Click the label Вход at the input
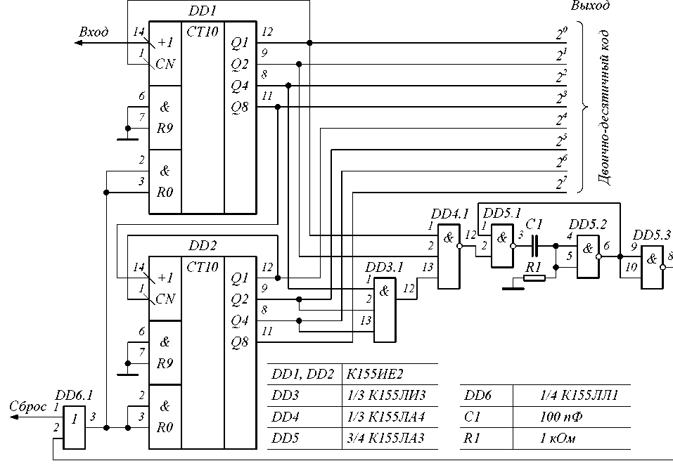[94, 32]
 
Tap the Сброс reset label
[28, 407]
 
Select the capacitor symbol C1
[534, 246]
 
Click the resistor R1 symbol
[534, 278]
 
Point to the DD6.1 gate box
[75, 427]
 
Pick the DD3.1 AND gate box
[385, 310]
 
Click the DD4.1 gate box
[449, 256]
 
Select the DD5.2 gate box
[588, 256]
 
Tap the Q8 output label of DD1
[240, 108]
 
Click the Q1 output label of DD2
[240, 278]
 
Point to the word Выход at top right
[590, 6]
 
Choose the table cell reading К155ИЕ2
[375, 374]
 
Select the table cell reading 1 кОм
[558, 438]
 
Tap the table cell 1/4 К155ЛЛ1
[579, 395]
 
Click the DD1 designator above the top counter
[203, 11]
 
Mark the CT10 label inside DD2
[202, 267]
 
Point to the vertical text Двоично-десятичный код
[604, 108]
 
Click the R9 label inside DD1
[165, 129]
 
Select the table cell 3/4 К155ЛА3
[385, 438]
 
